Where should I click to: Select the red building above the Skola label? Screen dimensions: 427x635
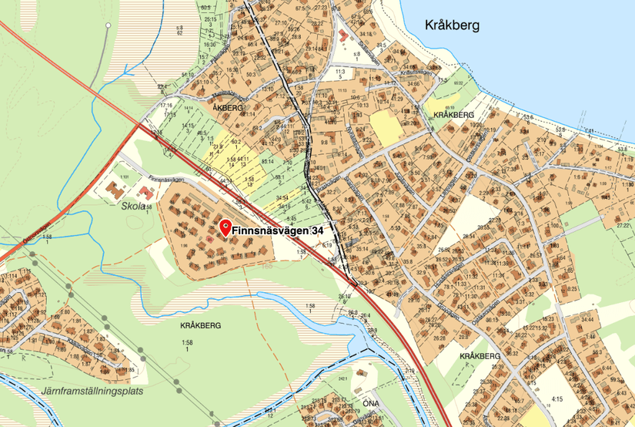tap(116, 187)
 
